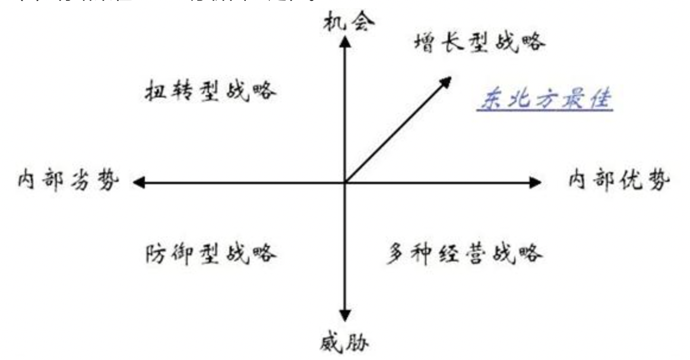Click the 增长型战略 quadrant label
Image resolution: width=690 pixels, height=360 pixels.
tap(478, 42)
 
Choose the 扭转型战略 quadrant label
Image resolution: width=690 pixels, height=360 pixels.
tap(211, 92)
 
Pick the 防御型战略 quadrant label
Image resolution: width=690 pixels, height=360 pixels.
tap(211, 254)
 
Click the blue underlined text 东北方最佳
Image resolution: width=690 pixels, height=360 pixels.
tap(545, 99)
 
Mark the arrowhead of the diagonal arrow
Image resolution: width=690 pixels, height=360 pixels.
tap(446, 81)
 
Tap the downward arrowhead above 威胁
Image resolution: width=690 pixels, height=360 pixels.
tap(344, 315)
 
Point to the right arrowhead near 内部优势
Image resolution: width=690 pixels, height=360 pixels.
tap(535, 182)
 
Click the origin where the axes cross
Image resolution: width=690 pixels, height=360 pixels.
tap(344, 182)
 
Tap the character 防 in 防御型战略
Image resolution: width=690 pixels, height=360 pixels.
tap(156, 254)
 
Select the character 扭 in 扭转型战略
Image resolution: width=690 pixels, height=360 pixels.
tap(156, 92)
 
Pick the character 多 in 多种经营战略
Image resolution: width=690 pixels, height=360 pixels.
tap(397, 254)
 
